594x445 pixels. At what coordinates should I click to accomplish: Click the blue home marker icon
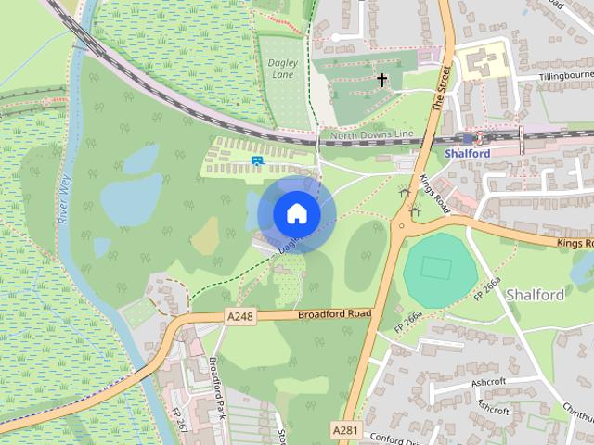[x=296, y=214]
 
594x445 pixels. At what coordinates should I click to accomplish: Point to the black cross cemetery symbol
[x=381, y=81]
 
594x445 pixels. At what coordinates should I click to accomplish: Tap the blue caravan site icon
[x=256, y=159]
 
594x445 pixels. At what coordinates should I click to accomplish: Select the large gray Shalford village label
[x=536, y=295]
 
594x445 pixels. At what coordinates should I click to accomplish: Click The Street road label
[x=442, y=89]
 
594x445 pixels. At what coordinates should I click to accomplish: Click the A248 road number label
[x=239, y=317]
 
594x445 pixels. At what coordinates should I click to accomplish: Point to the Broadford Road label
[x=334, y=315]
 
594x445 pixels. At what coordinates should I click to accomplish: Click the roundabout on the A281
[x=402, y=224]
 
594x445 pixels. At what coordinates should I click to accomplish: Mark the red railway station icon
[x=480, y=137]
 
